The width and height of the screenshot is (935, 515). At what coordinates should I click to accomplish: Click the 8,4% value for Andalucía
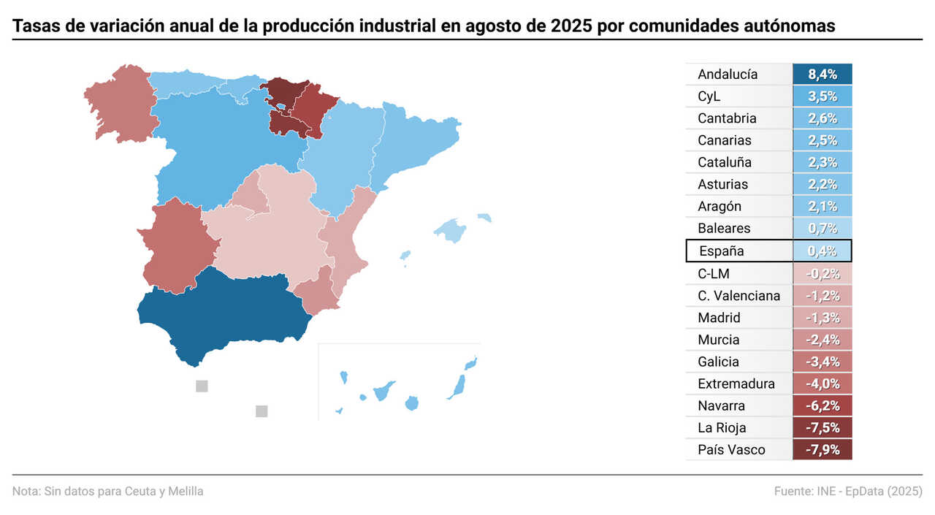pos(823,75)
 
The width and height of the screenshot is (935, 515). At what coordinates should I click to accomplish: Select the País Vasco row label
pos(731,450)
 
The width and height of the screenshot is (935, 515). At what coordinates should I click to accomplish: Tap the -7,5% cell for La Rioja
pos(823,428)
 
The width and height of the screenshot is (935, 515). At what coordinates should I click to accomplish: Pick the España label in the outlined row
pos(722,251)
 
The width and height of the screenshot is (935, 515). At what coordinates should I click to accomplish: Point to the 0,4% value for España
pos(823,251)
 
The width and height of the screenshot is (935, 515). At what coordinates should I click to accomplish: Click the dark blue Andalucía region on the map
pos(226,314)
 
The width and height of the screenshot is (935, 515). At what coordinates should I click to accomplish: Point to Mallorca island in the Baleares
pos(451,231)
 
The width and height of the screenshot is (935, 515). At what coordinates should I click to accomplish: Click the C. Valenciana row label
pos(739,296)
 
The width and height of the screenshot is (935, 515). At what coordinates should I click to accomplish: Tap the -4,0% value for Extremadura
pos(823,384)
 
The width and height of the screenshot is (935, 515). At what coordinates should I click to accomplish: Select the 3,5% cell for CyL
pos(823,96)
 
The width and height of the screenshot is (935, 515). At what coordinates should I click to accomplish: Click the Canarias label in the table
pos(724,140)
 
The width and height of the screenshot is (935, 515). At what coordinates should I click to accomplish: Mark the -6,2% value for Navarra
pos(823,406)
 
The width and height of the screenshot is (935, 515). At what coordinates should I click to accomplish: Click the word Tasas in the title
pos(34,27)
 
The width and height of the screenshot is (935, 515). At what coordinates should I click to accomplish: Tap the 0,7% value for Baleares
pos(823,229)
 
